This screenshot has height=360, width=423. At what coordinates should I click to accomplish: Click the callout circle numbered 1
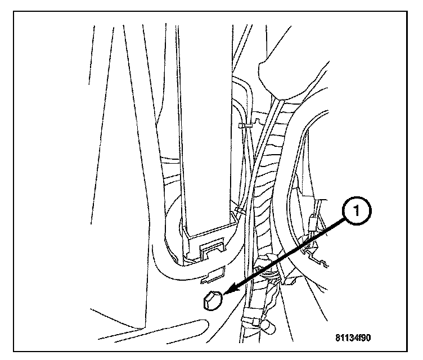[x=357, y=212]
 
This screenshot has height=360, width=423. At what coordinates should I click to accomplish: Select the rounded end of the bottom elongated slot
[x=197, y=322]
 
